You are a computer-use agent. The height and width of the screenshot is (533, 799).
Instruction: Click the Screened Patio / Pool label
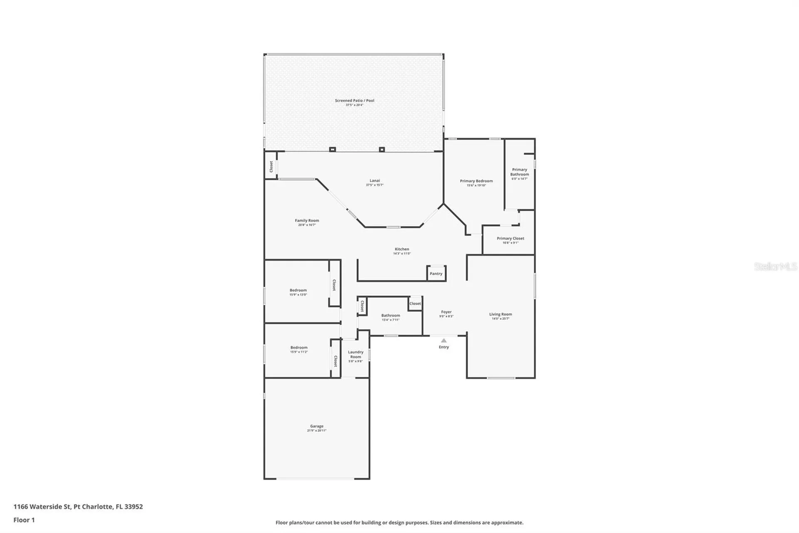tap(354, 101)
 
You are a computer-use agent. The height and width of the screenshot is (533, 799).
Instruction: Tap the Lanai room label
tap(375, 181)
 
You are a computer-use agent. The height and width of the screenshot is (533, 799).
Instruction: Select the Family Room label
tap(307, 221)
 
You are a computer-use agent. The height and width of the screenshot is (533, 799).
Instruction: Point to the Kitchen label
tap(402, 249)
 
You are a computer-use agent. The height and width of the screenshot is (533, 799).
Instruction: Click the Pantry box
tap(436, 273)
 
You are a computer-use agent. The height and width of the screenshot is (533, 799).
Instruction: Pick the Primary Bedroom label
tap(476, 181)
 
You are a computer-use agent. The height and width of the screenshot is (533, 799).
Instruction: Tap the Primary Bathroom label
tap(519, 172)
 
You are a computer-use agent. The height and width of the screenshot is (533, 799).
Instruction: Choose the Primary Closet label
tap(510, 239)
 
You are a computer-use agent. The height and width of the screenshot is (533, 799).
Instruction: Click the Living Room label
tap(500, 315)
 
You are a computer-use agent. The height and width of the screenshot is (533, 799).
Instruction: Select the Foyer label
tap(446, 312)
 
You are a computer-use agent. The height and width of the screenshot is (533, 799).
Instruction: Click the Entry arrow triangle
tap(444, 340)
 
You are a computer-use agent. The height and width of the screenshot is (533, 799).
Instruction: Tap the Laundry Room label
tap(355, 355)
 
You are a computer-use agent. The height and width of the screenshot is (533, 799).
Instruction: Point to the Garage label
tap(316, 426)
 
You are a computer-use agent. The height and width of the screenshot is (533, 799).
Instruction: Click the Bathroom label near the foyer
tap(390, 316)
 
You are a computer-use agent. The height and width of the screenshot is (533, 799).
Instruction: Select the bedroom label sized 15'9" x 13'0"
tap(298, 290)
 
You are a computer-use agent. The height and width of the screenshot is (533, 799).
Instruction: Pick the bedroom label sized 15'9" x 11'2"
tap(299, 348)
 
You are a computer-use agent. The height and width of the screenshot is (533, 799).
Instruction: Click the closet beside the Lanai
tap(271, 166)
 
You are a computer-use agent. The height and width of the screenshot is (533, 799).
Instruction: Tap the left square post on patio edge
tap(332, 149)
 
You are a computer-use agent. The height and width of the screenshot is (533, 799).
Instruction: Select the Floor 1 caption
tap(24, 520)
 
